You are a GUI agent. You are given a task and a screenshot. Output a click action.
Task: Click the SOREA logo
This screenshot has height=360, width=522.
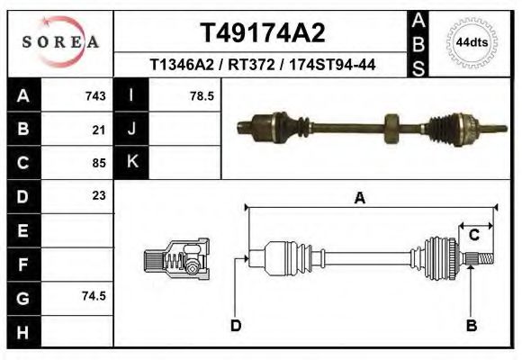61,42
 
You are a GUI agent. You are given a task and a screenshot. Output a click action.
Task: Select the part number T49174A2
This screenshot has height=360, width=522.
261,33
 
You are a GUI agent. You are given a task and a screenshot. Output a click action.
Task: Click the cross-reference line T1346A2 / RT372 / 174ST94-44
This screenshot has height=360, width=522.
261,65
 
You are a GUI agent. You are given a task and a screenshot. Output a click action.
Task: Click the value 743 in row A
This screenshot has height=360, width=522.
95,95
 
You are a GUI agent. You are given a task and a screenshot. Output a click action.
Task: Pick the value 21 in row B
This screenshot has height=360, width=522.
99,130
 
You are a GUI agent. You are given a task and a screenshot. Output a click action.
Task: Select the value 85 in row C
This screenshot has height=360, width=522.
99,163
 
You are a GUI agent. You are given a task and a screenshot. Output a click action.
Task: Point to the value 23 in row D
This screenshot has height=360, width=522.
99,195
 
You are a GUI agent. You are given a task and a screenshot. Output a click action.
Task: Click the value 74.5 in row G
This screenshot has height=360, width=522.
94,296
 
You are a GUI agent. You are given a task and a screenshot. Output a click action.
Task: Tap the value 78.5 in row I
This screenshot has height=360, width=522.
202,95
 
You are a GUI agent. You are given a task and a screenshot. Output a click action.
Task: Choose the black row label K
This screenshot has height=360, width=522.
131,162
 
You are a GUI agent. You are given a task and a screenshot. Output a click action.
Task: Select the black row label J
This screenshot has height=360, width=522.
131,129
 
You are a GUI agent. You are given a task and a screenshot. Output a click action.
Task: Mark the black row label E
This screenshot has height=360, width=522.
22,229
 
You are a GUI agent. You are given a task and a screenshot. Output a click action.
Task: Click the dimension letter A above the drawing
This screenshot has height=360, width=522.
359,199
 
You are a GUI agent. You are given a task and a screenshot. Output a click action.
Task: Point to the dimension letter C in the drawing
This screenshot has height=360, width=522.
473,235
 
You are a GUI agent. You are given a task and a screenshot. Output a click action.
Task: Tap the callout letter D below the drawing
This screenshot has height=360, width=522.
236,326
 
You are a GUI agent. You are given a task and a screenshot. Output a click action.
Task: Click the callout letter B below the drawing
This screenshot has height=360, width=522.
471,326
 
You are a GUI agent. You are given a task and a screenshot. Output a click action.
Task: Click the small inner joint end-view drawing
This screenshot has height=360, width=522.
176,260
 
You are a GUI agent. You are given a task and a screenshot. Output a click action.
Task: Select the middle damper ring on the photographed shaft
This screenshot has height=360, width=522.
392,126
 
